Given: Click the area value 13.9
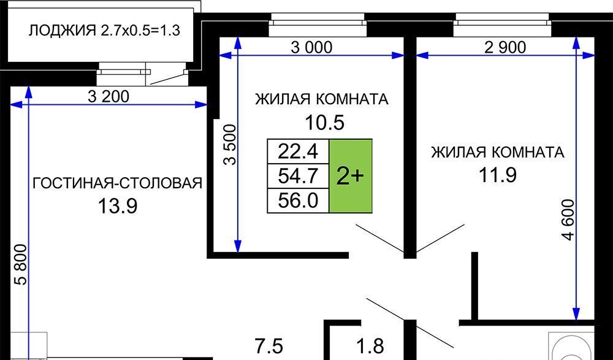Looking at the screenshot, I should click(117, 206).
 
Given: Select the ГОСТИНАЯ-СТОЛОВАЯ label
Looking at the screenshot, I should click(117, 183).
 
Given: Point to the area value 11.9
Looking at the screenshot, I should click(497, 175).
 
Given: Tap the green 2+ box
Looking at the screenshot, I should click(351, 176).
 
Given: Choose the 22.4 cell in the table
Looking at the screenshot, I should click(298, 151).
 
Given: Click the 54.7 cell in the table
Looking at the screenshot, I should click(298, 176).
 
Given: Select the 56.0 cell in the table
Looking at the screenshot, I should click(298, 201).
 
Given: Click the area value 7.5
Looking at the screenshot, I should click(270, 343).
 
